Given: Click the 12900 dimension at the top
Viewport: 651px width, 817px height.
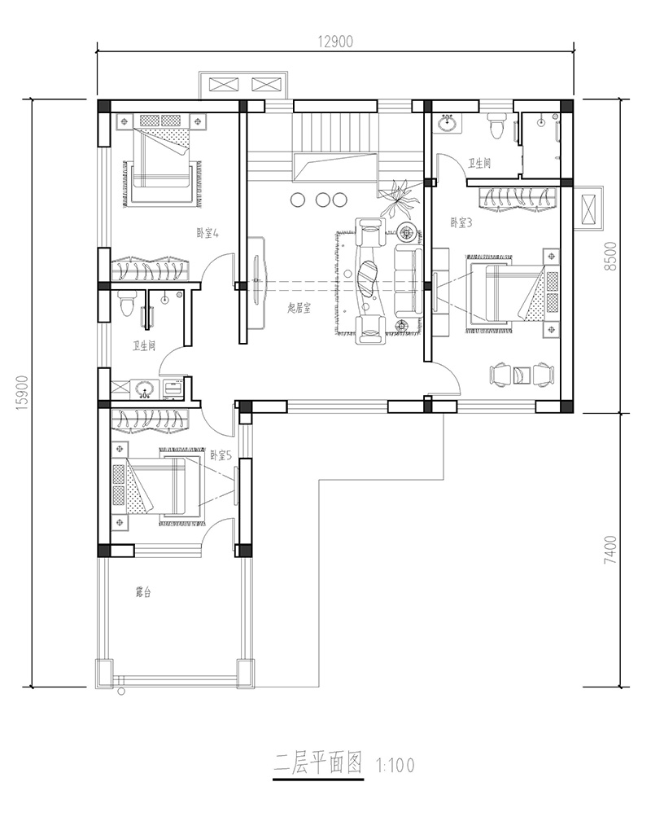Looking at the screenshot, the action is click(x=335, y=42).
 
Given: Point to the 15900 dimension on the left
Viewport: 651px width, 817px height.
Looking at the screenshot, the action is click(x=22, y=393).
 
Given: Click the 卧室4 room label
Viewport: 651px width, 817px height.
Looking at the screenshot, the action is click(x=208, y=233).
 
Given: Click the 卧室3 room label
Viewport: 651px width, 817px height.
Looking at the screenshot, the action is click(x=461, y=223).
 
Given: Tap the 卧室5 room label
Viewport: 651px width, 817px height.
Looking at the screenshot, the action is click(x=221, y=455).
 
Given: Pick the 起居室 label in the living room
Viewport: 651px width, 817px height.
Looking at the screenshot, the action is click(x=299, y=308).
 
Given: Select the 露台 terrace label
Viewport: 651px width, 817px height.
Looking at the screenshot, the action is click(x=143, y=592).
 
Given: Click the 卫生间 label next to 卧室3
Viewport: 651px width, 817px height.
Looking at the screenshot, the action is click(x=479, y=163).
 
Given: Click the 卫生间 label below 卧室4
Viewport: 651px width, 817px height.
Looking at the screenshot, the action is click(x=144, y=345).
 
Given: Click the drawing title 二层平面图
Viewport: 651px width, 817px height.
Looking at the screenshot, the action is click(x=318, y=764).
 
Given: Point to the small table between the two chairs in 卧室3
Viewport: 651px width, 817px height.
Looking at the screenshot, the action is click(x=522, y=376).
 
